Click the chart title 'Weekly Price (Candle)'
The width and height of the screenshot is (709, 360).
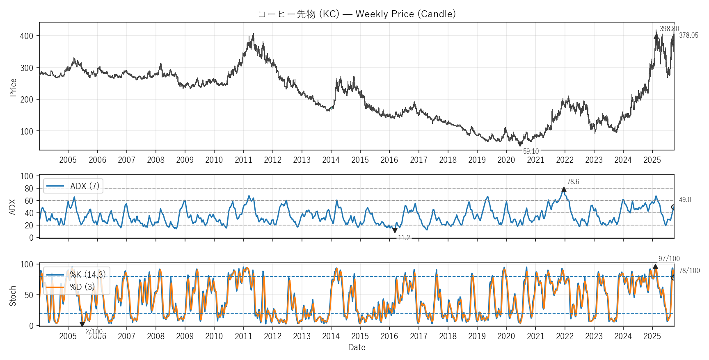[x=357, y=14]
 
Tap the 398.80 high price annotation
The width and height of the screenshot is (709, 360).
[x=669, y=29]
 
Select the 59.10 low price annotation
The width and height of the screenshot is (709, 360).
[x=531, y=151]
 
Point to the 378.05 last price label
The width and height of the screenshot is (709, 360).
[x=688, y=35]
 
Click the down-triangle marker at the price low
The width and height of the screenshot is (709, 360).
[x=520, y=144]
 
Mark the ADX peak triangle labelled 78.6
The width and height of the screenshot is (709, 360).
[x=564, y=189]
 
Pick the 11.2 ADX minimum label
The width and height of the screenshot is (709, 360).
[x=404, y=238]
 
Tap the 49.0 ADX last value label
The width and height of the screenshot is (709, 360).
[x=685, y=200]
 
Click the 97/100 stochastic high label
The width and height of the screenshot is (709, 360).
[x=669, y=259]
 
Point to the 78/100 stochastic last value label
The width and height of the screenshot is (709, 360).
[x=689, y=271]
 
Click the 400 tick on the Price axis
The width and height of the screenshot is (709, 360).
[x=27, y=36]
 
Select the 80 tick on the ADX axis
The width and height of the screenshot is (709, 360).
[x=29, y=189]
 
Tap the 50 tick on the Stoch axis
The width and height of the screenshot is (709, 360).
[x=29, y=295]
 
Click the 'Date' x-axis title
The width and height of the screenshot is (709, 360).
[x=357, y=347]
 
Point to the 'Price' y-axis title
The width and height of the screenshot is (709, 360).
[x=13, y=87]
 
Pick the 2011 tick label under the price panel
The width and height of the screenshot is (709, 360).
[x=243, y=160]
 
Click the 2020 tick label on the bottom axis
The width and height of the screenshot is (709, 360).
[x=506, y=336]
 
